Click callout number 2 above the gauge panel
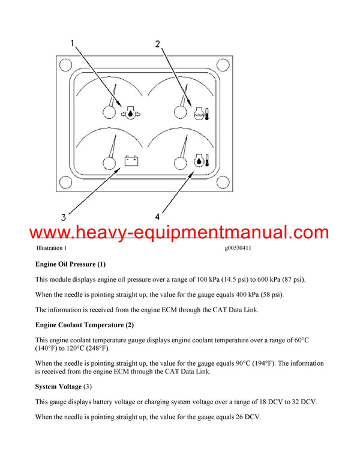click(x=157, y=44)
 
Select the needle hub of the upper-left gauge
click(x=109, y=111)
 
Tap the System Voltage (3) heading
click(x=64, y=386)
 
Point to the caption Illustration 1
click(x=52, y=248)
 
